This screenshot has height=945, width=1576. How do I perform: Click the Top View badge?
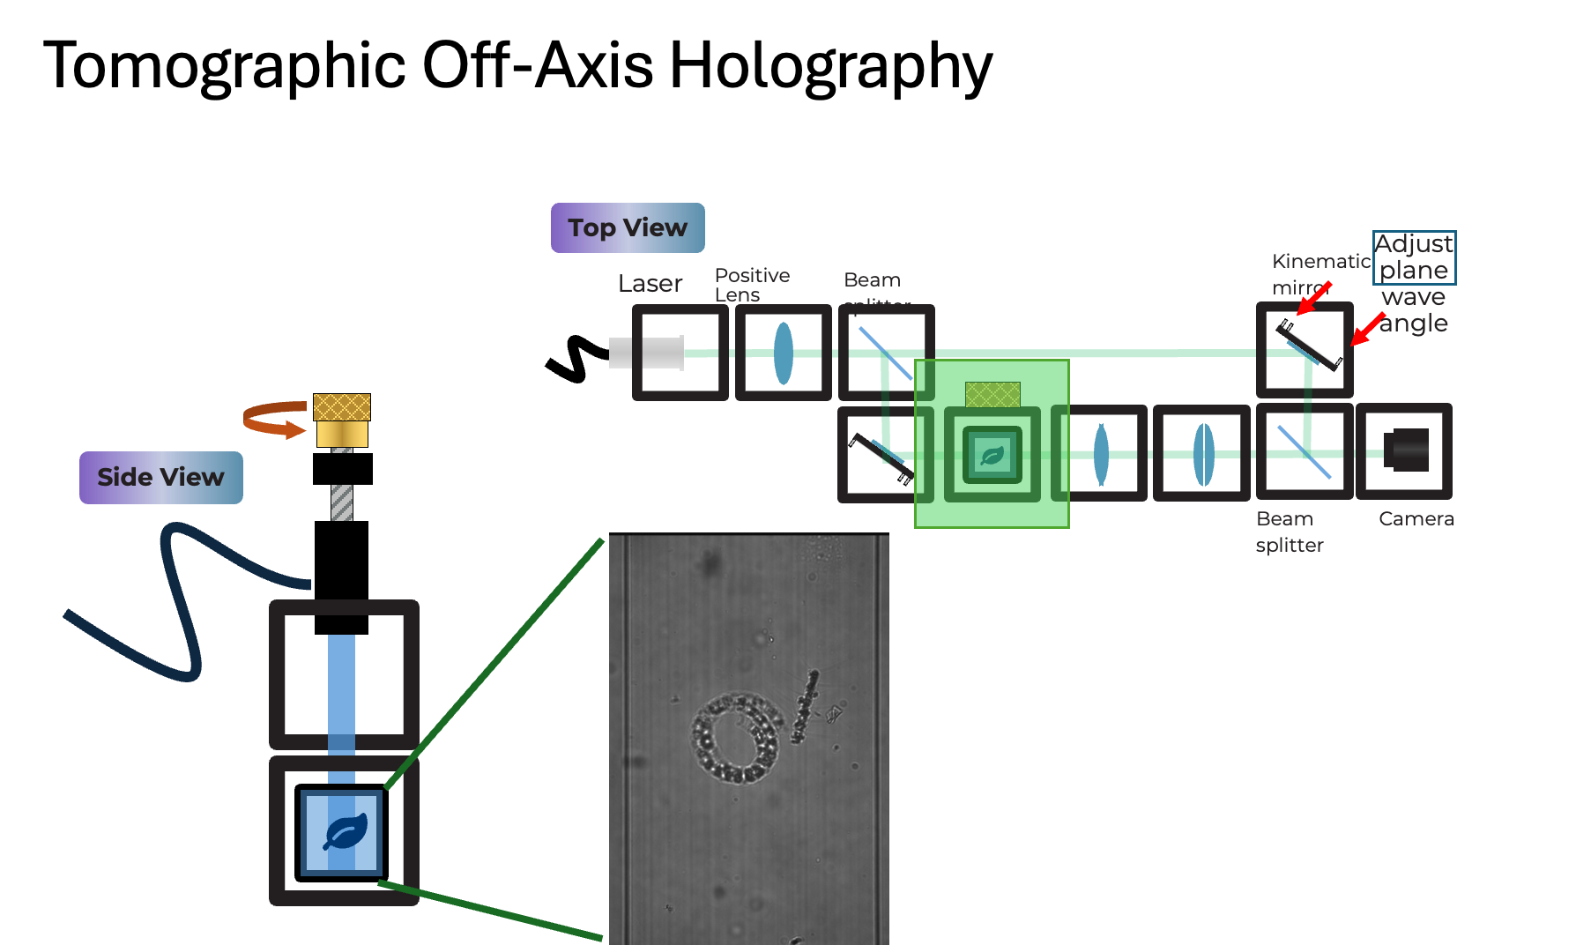[x=628, y=227]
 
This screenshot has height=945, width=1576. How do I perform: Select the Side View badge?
[x=160, y=477]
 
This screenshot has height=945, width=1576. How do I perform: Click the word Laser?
[x=650, y=284]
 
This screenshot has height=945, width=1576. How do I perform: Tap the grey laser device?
[x=647, y=353]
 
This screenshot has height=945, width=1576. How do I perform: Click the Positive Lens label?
[x=751, y=284]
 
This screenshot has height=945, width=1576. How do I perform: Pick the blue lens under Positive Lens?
[x=783, y=353]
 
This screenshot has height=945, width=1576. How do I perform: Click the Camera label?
[x=1416, y=519]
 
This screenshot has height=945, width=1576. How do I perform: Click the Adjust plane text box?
[x=1414, y=257]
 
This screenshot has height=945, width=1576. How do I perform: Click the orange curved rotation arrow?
[x=273, y=419]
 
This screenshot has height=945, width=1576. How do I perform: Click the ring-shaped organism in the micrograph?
[x=737, y=738]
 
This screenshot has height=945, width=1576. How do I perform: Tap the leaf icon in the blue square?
[x=344, y=832]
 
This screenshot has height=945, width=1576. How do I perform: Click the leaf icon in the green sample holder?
[x=992, y=456]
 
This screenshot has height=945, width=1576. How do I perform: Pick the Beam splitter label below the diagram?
[x=1289, y=532]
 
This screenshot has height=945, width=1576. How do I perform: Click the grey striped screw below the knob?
[x=342, y=502]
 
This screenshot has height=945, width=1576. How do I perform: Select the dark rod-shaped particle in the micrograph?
[x=804, y=705]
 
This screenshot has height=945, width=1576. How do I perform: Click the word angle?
[x=1414, y=324]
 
